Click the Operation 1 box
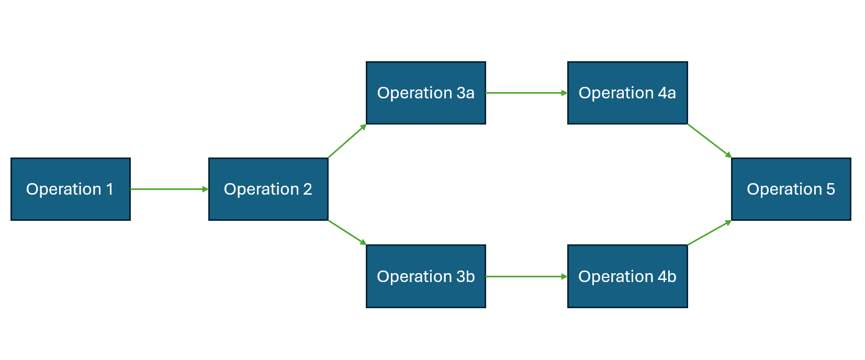pos(70,189)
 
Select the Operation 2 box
pos(268,189)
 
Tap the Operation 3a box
pos(425,93)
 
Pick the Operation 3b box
pos(425,276)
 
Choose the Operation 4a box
pos(627,93)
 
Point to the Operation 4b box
pos(627,276)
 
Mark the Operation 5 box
pos(791,189)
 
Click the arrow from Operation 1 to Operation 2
pos(169,189)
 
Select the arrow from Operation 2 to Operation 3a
pos(347,141)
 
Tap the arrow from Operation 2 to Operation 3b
pos(347,232)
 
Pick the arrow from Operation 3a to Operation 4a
pos(526,93)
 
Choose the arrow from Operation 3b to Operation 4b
pos(526,276)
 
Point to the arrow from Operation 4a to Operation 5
pos(709,141)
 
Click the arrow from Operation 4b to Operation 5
pos(709,233)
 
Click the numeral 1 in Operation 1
pos(110,189)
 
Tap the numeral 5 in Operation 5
pos(830,189)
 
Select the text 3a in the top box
pos(465,93)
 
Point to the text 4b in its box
pos(667,276)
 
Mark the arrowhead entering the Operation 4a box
pos(564,93)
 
